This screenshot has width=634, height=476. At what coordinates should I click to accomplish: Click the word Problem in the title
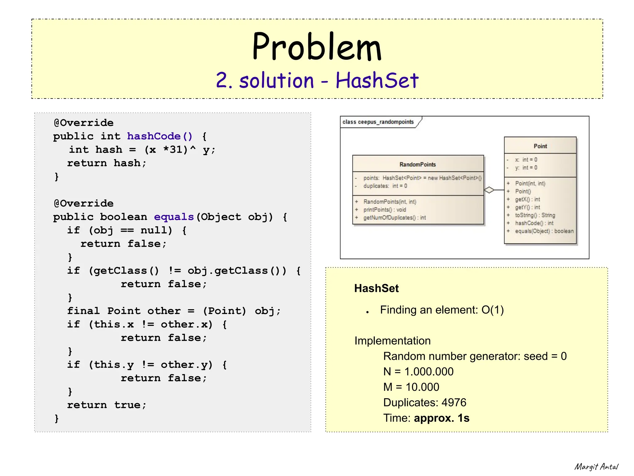(317, 47)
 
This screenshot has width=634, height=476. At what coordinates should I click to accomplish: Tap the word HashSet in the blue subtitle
(377, 81)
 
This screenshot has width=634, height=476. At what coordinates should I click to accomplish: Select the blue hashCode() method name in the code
(160, 136)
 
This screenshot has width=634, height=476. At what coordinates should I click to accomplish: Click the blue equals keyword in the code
(174, 217)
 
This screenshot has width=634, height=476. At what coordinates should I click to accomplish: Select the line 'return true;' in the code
(106, 405)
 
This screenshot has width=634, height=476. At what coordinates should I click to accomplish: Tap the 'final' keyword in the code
(83, 311)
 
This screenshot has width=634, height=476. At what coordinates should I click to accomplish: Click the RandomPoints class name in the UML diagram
(418, 164)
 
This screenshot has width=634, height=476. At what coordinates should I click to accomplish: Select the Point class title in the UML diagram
(540, 146)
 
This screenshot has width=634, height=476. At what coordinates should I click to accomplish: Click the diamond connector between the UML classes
(489, 190)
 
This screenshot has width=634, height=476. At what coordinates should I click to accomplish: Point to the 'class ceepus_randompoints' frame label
(378, 122)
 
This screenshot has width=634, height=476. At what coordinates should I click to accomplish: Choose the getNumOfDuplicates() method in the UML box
(394, 218)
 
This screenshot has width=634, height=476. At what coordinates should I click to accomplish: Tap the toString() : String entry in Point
(535, 215)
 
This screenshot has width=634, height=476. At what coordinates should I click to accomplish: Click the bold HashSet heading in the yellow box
(376, 288)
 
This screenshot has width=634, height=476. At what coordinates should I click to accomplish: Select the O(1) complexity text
(493, 310)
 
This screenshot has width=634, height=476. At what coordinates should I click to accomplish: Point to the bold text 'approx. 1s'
(441, 418)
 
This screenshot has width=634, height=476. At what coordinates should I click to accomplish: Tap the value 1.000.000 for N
(429, 372)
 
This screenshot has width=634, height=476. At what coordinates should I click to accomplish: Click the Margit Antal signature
(596, 467)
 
